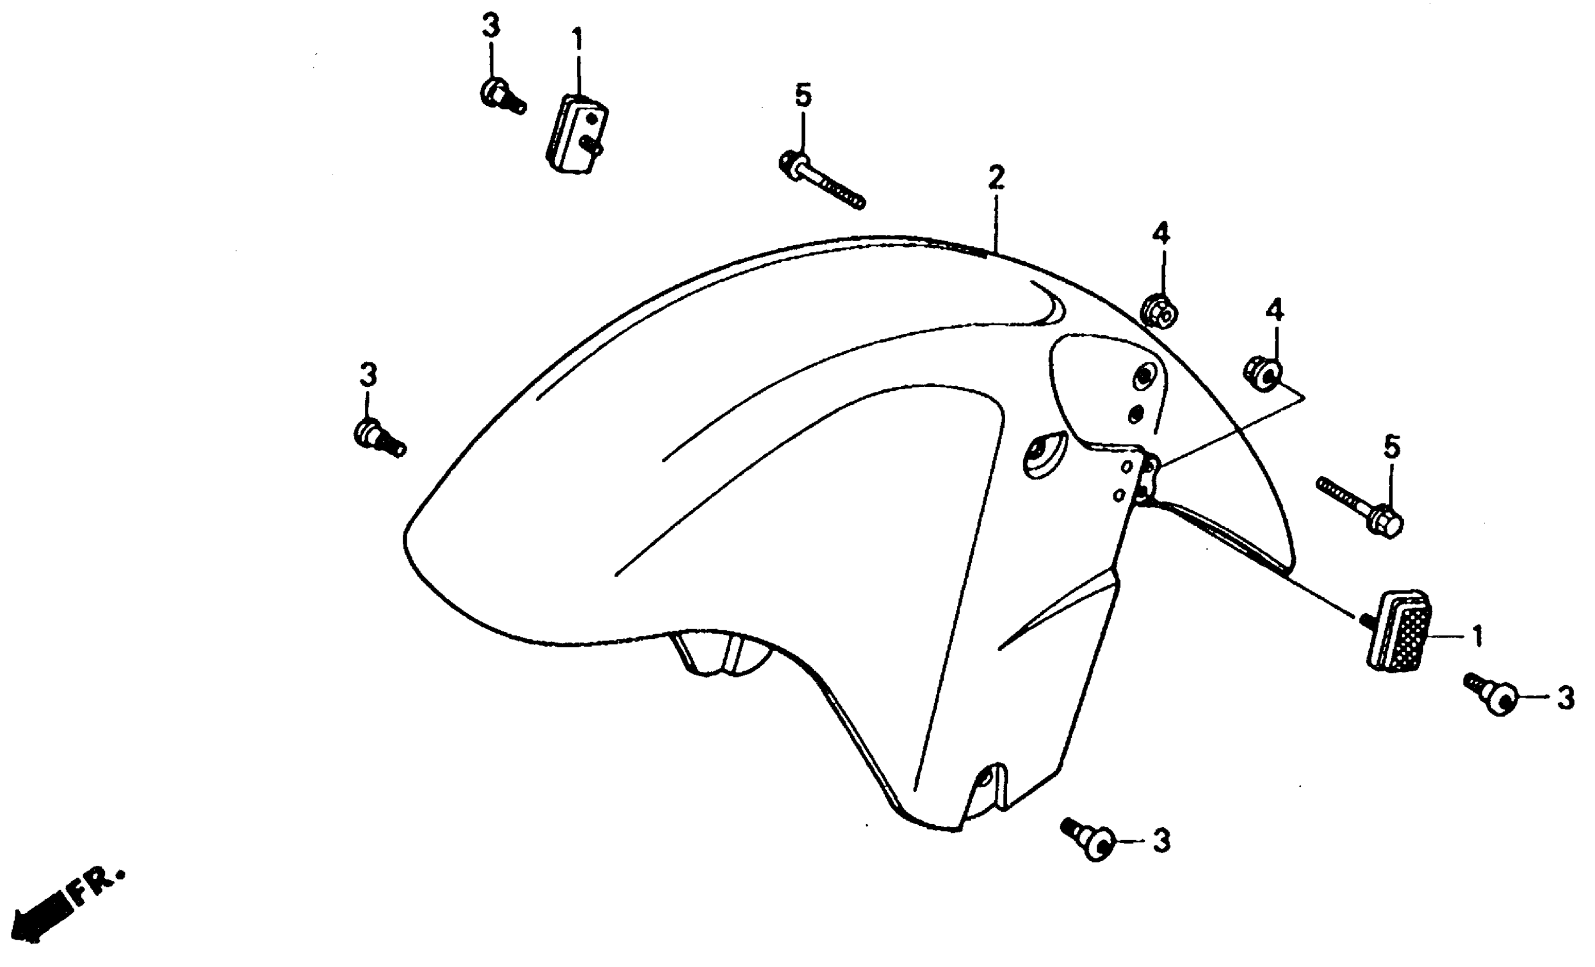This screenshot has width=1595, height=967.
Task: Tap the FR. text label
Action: point(97,887)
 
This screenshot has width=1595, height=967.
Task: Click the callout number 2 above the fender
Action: point(996,177)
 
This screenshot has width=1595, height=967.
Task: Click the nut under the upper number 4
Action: point(1159,312)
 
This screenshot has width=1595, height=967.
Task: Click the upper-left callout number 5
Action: point(803,96)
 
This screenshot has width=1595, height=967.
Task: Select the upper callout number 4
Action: point(1160,234)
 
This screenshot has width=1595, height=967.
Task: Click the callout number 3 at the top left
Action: point(491,27)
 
